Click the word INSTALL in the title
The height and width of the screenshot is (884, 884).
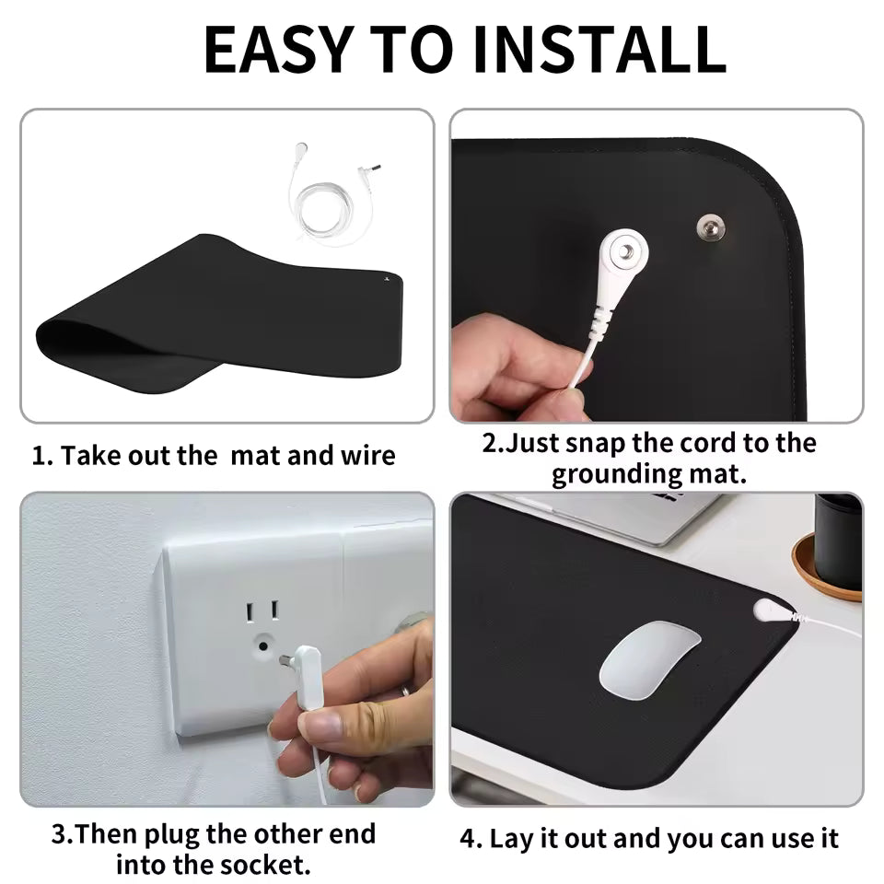[598, 50]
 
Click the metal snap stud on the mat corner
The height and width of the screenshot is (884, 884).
[710, 226]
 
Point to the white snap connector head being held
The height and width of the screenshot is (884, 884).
[622, 253]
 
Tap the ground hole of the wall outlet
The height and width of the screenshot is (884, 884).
[262, 646]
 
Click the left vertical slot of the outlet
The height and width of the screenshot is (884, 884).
[249, 611]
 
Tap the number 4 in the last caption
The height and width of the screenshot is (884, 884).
[469, 839]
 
